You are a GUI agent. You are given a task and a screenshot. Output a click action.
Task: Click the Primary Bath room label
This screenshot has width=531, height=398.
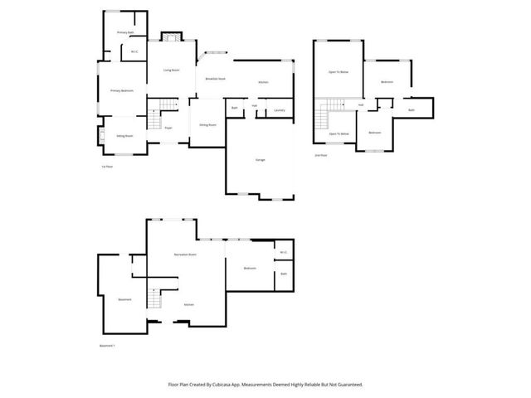124,32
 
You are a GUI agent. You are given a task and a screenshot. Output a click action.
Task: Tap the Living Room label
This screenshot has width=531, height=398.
172,70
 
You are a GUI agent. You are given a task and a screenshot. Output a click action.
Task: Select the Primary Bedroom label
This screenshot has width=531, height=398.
123,90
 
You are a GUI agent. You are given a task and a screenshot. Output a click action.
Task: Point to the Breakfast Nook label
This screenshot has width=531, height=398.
216,79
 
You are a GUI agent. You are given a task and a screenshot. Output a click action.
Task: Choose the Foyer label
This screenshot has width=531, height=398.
168,128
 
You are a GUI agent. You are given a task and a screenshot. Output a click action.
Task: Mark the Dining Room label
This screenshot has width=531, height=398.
207,124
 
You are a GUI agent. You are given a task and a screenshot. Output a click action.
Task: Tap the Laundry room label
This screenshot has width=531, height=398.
280,109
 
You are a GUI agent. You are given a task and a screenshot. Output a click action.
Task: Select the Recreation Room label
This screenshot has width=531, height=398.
184,254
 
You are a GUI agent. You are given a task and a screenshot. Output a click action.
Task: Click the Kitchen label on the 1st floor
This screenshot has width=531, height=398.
263,82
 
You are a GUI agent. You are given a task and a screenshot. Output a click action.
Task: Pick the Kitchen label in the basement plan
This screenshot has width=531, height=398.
189,304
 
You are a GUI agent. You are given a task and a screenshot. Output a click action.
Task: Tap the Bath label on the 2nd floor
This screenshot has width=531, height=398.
412,110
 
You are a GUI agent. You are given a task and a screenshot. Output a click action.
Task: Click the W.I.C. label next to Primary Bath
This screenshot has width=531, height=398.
134,52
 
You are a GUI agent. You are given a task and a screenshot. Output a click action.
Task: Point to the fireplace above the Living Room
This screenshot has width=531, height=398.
171,36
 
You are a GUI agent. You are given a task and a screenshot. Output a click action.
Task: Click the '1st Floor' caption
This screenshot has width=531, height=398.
106,167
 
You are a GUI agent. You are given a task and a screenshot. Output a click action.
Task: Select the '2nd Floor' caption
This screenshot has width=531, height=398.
321,155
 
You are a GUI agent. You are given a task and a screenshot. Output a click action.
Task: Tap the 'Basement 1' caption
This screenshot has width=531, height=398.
107,346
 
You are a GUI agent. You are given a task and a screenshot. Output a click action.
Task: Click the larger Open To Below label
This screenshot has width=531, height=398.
338,73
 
